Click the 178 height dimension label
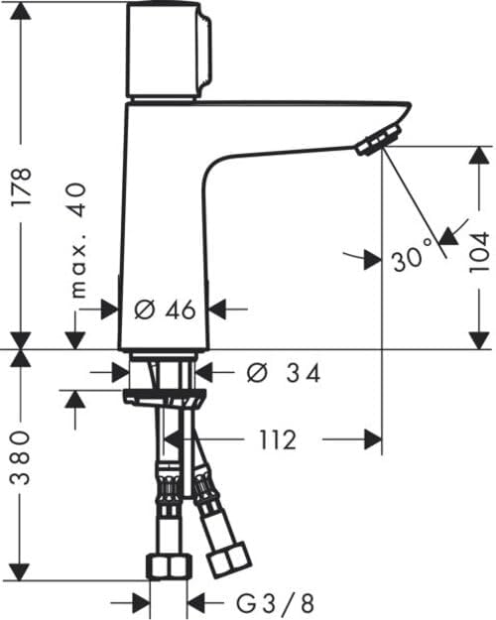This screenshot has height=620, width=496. pyautogui.click(x=21, y=186)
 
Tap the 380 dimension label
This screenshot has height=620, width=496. pyautogui.click(x=20, y=457)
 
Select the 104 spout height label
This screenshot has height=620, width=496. pyautogui.click(x=479, y=252)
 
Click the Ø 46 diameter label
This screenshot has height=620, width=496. pyautogui.click(x=165, y=310)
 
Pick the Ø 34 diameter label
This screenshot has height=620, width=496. pyautogui.click(x=283, y=372)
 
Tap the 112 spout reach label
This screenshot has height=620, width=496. pyautogui.click(x=278, y=439)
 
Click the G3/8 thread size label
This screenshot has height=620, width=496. pyautogui.click(x=276, y=603)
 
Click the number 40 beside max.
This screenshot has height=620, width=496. pyautogui.click(x=76, y=199)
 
